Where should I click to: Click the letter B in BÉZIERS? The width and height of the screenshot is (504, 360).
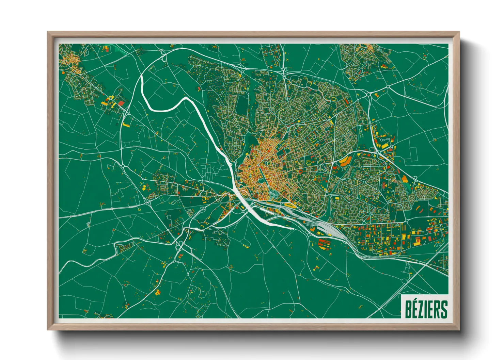408,309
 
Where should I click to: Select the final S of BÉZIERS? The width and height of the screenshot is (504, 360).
444,309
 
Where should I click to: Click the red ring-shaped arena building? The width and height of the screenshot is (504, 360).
300,171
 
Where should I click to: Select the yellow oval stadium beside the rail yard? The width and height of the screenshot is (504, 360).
290,205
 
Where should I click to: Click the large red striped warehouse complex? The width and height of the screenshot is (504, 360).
324,244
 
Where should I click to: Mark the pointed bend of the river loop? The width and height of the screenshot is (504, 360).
186,98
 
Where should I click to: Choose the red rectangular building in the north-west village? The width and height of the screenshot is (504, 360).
121,103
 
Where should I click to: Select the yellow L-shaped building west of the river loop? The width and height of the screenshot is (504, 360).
126,125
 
